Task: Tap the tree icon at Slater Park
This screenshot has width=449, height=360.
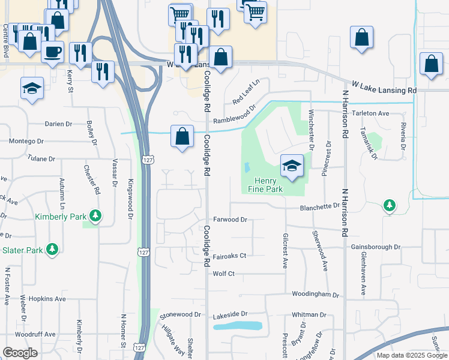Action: click(x=52, y=249)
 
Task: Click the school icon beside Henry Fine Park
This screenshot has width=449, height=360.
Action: click(x=291, y=166)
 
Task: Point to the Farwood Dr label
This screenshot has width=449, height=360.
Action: click(x=230, y=220)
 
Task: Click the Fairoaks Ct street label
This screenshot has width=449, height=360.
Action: click(x=229, y=256)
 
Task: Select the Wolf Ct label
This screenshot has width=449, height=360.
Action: click(x=223, y=274)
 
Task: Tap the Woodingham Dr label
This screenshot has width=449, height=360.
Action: click(x=316, y=295)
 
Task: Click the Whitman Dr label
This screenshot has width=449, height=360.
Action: click(x=309, y=314)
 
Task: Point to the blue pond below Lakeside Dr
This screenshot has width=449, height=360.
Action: click(x=238, y=326)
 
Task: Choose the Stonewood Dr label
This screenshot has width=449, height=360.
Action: click(x=180, y=314)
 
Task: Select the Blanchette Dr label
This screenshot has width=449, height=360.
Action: click(x=321, y=206)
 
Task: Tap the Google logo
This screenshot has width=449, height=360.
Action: click(x=20, y=353)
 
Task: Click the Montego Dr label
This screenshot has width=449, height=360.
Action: click(x=26, y=141)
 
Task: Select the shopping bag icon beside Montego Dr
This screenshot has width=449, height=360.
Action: click(x=182, y=136)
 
